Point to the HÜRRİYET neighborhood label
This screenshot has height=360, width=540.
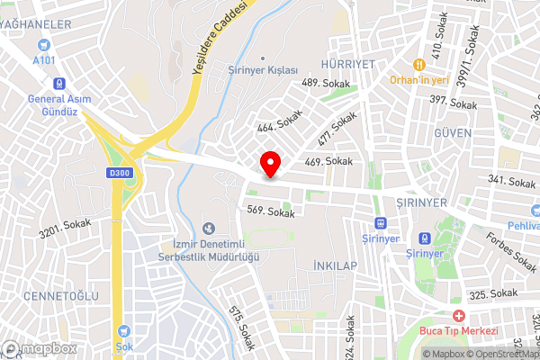point(347,65)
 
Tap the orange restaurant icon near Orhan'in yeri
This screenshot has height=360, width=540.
point(418,65)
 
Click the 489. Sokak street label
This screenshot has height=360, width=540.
point(324,83)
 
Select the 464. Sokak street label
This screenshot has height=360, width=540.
point(279,122)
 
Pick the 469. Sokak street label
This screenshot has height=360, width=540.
point(328,161)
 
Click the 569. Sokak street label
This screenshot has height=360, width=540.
point(271,213)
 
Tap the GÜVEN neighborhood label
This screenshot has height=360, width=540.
point(452,132)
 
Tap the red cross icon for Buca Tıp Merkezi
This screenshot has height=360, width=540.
point(458,316)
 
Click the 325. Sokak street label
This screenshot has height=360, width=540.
point(494,294)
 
